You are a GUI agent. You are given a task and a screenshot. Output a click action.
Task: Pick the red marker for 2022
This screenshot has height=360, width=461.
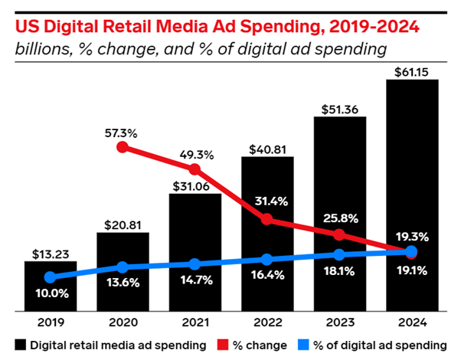click(267, 219)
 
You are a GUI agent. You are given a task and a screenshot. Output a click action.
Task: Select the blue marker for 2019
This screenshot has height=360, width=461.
click(51, 277)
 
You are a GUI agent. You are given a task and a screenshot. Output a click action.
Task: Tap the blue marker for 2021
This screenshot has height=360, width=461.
click(195, 264)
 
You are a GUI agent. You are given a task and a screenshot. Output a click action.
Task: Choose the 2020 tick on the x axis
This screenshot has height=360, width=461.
click(123, 324)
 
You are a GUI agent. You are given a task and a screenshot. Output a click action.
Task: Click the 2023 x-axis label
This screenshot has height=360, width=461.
click(340, 324)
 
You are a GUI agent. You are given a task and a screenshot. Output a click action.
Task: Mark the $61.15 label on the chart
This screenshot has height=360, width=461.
click(412, 70)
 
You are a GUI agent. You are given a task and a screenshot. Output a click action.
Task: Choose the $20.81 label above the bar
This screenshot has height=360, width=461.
click(123, 224)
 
